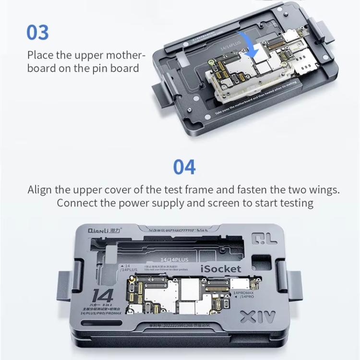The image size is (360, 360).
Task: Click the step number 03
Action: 37,32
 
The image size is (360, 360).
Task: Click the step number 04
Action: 184,167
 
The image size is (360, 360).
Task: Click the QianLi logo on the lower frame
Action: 99,230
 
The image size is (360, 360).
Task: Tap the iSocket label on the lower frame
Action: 221,269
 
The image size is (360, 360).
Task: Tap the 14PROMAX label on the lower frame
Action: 243,292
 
